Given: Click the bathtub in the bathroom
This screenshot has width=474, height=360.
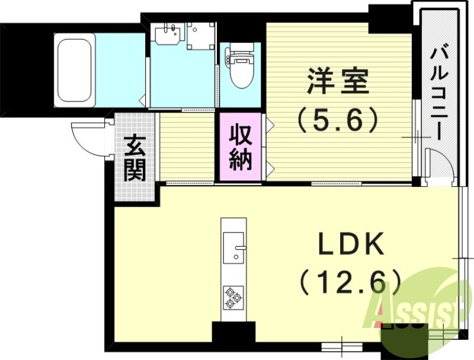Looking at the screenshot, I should [x=75, y=70].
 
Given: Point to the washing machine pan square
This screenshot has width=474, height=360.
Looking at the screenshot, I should [x=201, y=36].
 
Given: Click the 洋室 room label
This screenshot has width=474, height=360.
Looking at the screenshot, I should [x=338, y=81].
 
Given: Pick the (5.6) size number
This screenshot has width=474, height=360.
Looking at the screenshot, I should [x=337, y=120].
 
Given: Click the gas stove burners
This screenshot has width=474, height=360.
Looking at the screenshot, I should [x=233, y=297].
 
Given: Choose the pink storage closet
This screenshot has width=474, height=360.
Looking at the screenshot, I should [x=241, y=147].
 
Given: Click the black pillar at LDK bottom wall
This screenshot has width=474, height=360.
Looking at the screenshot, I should [x=233, y=333].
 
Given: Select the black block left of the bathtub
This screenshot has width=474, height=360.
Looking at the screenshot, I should [x=24, y=65].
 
